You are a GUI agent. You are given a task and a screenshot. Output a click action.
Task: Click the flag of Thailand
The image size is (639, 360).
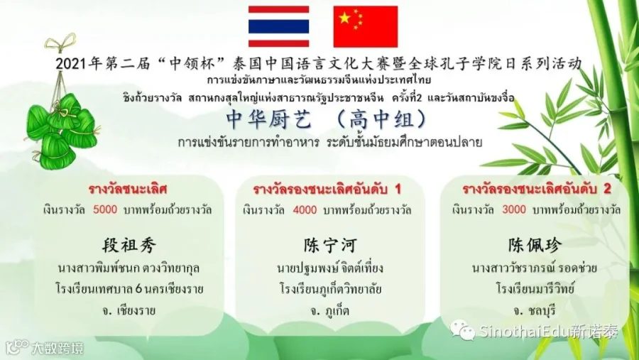(278, 26)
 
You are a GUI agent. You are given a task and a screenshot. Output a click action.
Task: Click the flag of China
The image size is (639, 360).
(365, 26)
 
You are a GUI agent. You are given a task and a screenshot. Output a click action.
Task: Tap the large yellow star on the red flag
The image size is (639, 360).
(345, 18)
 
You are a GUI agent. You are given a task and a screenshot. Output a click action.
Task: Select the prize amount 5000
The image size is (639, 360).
(105, 209)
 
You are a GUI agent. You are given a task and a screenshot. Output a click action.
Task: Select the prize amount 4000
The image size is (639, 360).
(305, 210)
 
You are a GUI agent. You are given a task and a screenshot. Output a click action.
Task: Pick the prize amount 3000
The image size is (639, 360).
(514, 209)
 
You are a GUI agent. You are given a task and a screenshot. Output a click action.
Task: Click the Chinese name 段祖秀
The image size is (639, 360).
(129, 246)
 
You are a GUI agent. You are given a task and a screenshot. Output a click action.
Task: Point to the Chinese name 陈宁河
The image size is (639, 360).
(330, 246)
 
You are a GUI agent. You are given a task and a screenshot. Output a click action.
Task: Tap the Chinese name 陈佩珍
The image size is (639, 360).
(535, 245)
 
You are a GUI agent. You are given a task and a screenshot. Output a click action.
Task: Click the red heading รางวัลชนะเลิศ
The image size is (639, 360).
(128, 189)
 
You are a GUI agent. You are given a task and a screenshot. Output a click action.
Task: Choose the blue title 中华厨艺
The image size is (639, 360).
(269, 119)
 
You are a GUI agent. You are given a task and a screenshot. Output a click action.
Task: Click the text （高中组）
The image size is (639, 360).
(382, 119)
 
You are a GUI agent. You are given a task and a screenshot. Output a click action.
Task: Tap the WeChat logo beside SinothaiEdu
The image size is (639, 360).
(462, 330)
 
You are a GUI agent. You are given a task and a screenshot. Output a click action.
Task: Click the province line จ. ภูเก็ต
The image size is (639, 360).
(329, 311)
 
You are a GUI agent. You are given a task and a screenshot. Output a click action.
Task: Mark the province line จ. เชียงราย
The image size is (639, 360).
(129, 311)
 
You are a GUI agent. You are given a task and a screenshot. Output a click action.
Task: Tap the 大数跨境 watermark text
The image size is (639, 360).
(58, 348)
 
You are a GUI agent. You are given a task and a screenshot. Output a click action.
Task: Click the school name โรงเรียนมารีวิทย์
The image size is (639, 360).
(535, 289)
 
